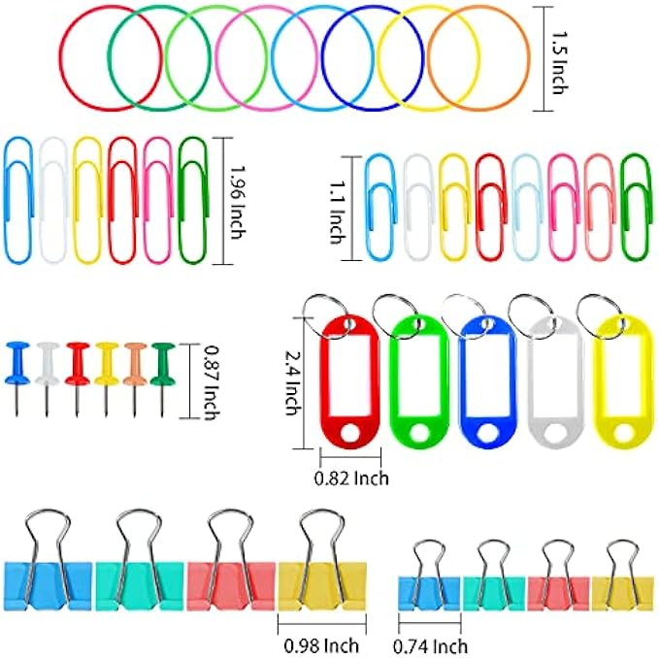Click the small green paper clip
pos(635,205)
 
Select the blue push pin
pos(17,361)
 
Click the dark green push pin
pos(161,361)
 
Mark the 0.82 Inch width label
pos(351,477)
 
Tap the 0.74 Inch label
pos(430,645)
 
